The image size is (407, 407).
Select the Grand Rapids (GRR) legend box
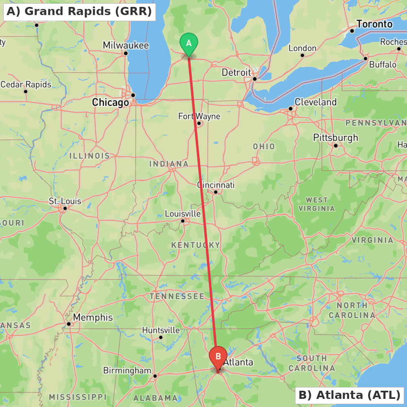[79, 11]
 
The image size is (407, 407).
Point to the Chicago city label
[110, 102]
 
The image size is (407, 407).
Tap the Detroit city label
[236, 72]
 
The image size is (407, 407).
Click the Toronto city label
[374, 24]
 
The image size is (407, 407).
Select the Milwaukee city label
[126, 45]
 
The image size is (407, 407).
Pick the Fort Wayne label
[199, 116]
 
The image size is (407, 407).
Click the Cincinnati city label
[216, 185]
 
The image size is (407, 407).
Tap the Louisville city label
[183, 214]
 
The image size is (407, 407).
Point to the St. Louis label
[65, 201]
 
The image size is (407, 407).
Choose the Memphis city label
[93, 317]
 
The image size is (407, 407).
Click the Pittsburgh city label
[336, 138]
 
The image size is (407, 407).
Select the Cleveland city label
[316, 102]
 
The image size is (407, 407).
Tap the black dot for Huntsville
[161, 337]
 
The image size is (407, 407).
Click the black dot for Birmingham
[155, 376]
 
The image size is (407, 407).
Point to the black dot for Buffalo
[365, 59]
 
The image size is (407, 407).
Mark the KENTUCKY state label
[195, 245]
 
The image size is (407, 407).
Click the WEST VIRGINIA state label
[317, 204]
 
